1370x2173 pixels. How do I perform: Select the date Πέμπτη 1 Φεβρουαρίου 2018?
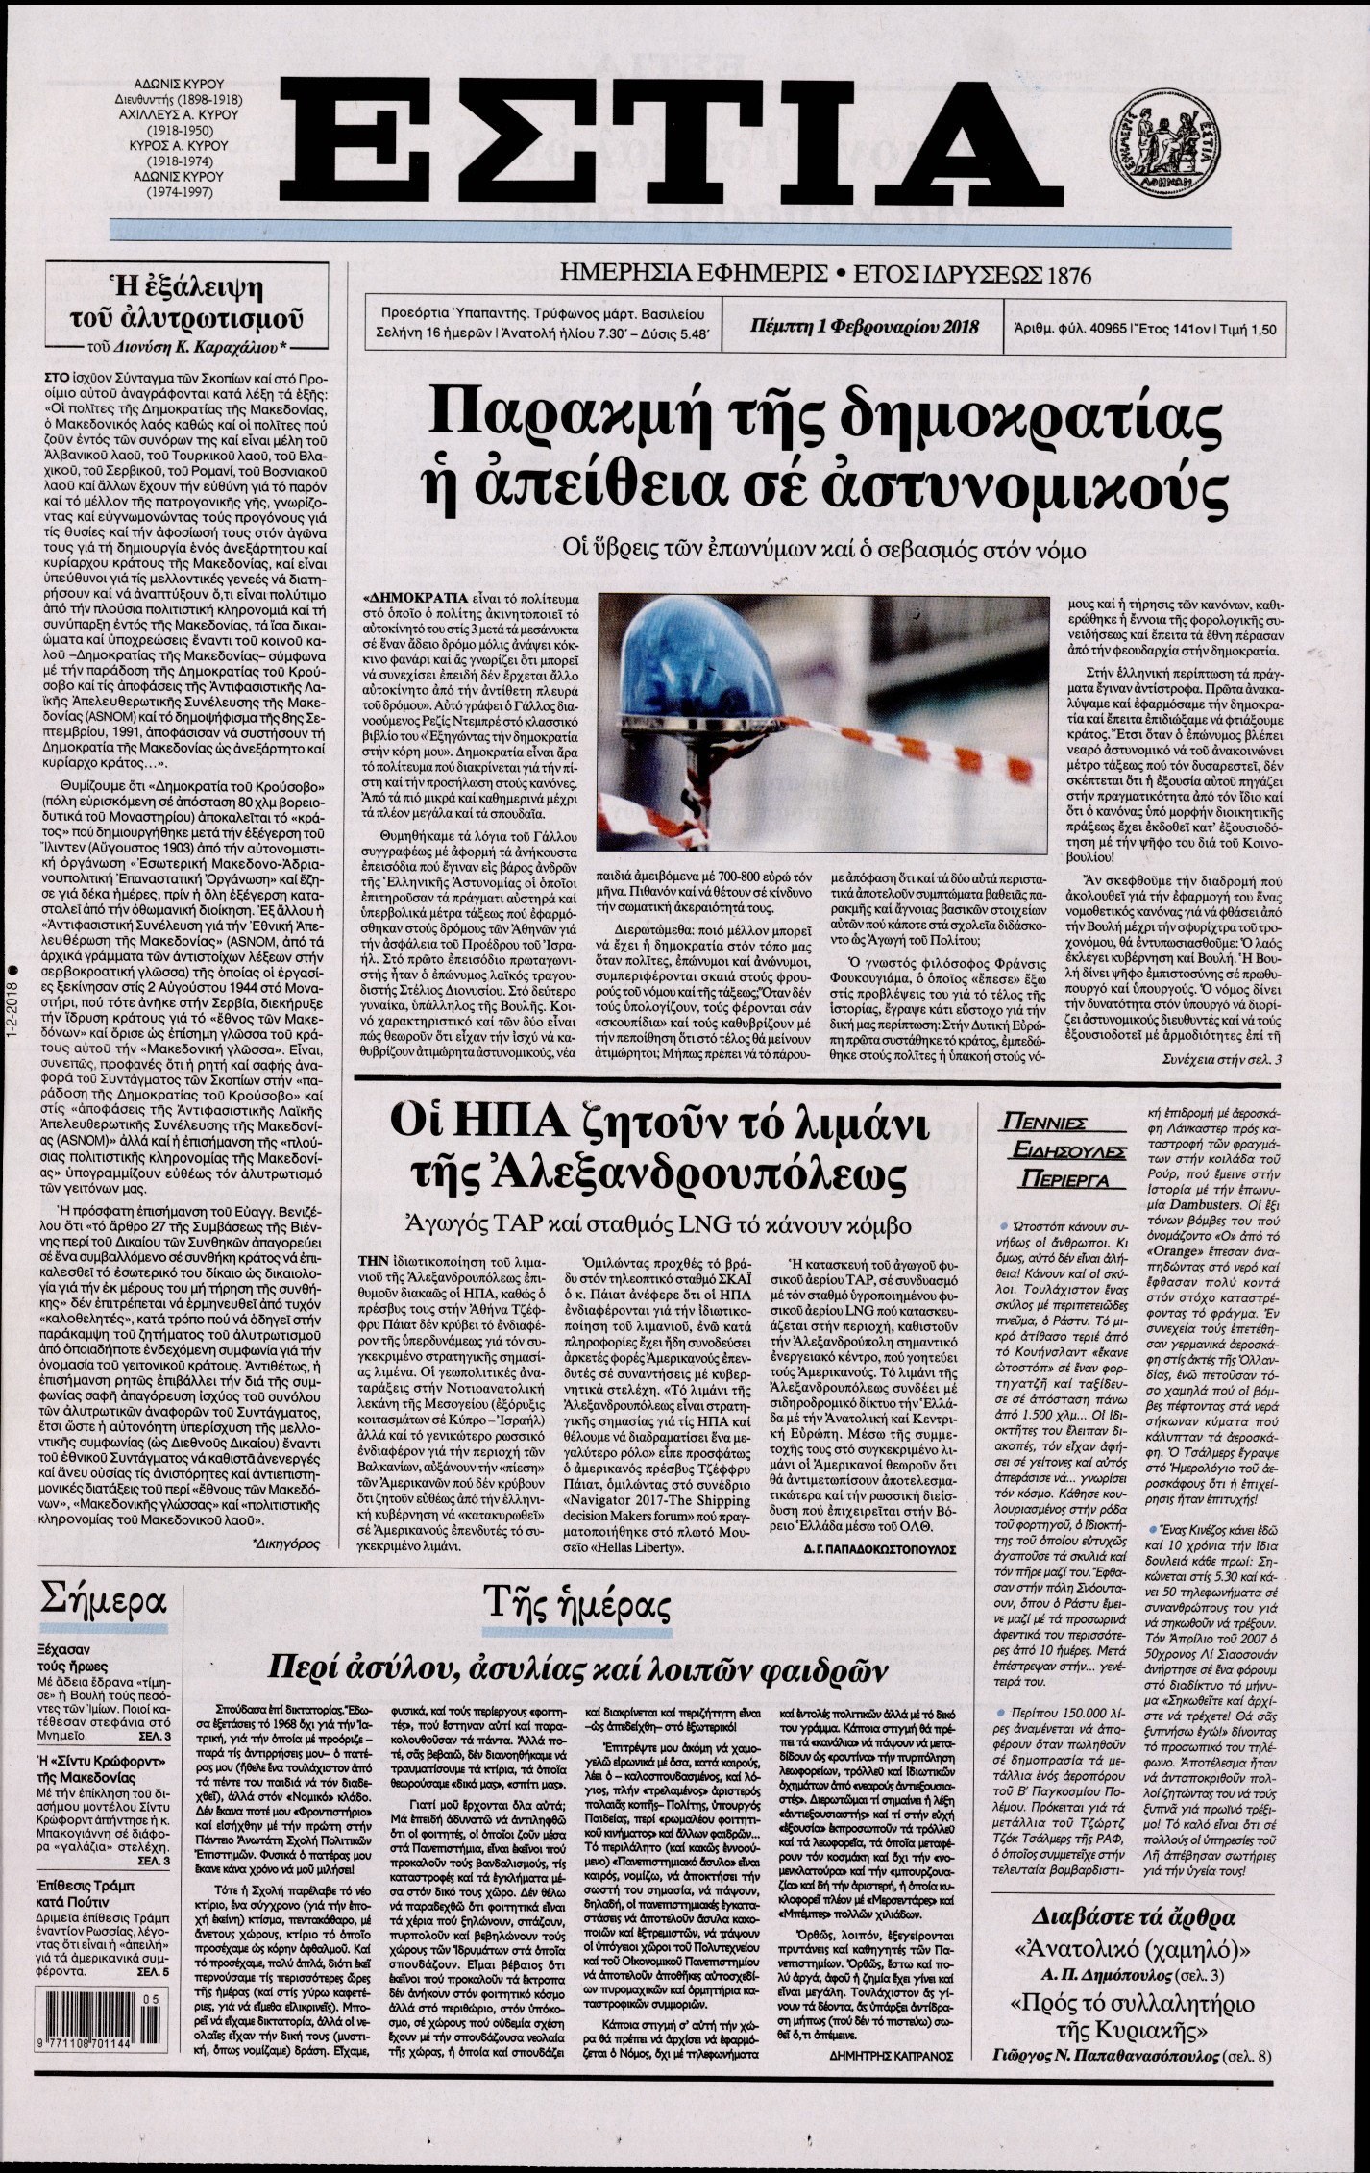pyautogui.click(x=864, y=327)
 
